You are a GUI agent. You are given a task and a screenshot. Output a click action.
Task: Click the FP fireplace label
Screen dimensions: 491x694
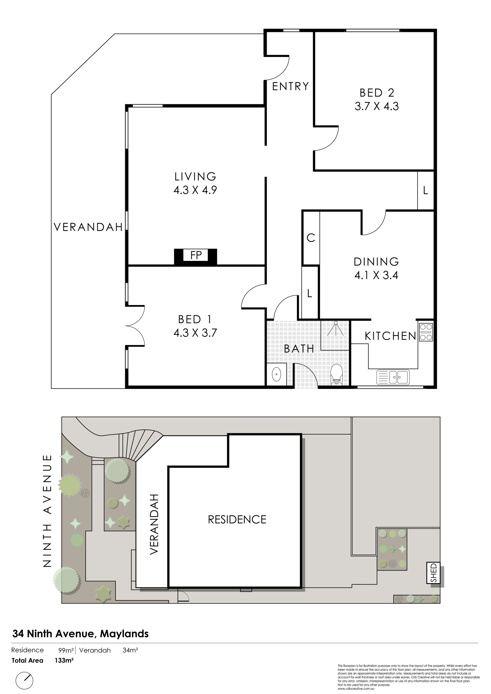click(x=196, y=255)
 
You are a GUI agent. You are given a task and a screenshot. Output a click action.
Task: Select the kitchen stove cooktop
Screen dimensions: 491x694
click(x=426, y=332)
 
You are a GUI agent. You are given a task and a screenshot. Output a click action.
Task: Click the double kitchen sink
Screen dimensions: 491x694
click(x=393, y=377)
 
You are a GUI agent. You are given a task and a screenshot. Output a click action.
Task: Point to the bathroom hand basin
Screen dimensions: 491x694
click(x=277, y=375)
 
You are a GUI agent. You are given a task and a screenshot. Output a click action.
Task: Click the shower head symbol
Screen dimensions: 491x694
click(x=336, y=328)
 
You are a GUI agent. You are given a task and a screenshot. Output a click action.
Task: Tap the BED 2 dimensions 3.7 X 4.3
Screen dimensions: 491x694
click(x=377, y=106)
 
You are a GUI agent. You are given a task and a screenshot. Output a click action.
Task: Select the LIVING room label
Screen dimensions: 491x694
click(x=195, y=176)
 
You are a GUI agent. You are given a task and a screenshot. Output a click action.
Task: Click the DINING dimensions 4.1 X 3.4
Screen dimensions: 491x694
click(x=376, y=275)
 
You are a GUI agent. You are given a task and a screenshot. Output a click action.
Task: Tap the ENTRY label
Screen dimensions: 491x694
click(x=291, y=86)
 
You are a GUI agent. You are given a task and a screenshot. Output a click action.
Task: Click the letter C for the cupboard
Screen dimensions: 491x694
click(x=311, y=238)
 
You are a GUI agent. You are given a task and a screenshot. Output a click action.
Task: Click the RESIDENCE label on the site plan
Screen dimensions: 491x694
click(x=237, y=520)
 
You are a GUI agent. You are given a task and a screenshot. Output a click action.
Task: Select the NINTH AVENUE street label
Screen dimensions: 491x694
click(x=48, y=511)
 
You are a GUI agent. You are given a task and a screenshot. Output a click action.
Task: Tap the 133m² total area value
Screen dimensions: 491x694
click(x=64, y=661)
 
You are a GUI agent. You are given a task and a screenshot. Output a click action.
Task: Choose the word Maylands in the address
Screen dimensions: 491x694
click(x=124, y=634)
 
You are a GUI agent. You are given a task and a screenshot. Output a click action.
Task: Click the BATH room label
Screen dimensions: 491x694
click(x=299, y=349)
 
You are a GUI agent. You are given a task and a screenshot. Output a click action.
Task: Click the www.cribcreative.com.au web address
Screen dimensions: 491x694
click(x=356, y=689)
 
